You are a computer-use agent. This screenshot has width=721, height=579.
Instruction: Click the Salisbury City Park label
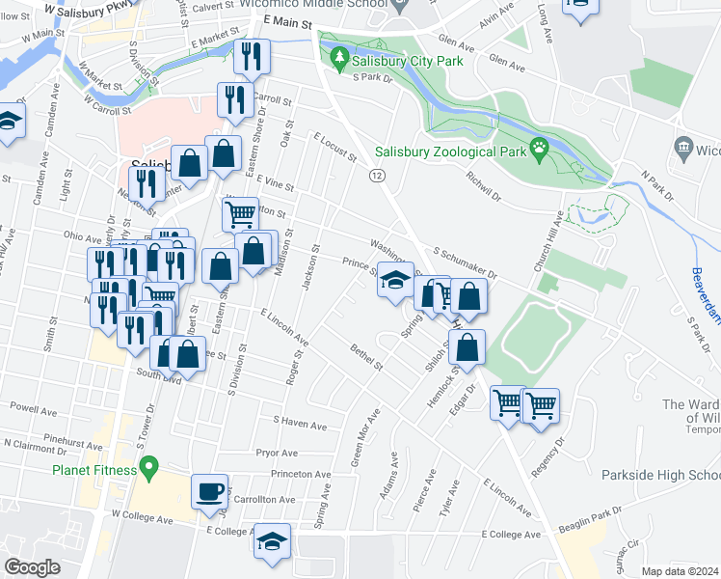tap(408, 62)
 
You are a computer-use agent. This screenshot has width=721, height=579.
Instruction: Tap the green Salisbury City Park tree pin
tap(338, 61)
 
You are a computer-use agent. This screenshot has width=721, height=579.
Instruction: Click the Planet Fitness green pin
tap(147, 469)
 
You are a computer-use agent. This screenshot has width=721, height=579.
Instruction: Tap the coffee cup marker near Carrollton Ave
tap(209, 493)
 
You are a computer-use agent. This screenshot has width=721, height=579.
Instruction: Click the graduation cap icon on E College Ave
tap(273, 542)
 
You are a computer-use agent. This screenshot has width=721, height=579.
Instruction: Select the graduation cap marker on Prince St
tap(395, 280)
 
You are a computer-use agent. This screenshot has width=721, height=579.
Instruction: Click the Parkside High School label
tap(660, 476)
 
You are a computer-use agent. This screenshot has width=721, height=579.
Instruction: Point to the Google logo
tap(32, 567)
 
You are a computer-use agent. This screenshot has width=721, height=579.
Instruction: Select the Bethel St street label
tap(367, 358)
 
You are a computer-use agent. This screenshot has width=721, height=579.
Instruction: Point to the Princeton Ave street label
tap(301, 474)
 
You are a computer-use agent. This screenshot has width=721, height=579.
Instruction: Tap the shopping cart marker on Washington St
tap(239, 211)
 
